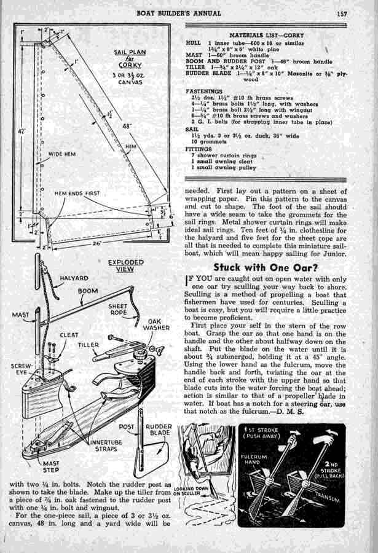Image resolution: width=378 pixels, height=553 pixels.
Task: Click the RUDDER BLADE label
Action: [160, 429]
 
